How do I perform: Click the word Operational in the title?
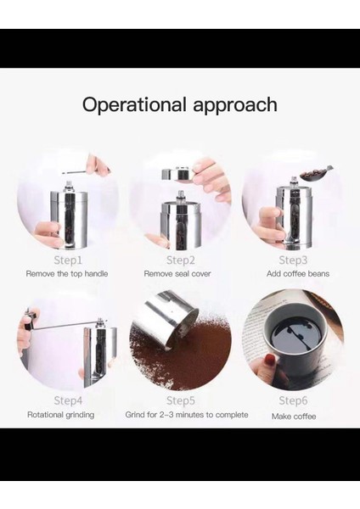(x=134, y=104)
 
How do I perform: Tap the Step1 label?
(x=68, y=260)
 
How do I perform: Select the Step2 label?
(x=181, y=260)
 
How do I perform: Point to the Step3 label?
(x=293, y=260)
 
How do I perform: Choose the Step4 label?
(x=68, y=400)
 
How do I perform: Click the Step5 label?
(x=181, y=400)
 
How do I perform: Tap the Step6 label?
(x=293, y=400)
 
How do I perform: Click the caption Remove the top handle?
(x=67, y=274)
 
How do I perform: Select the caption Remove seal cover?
(x=177, y=274)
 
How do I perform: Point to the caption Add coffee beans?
(x=298, y=274)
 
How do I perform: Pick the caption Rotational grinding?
(x=61, y=415)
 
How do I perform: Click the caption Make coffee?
(x=294, y=417)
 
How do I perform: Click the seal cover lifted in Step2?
(x=177, y=174)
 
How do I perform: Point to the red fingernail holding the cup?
(x=270, y=360)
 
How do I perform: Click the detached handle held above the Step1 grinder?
(x=85, y=171)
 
